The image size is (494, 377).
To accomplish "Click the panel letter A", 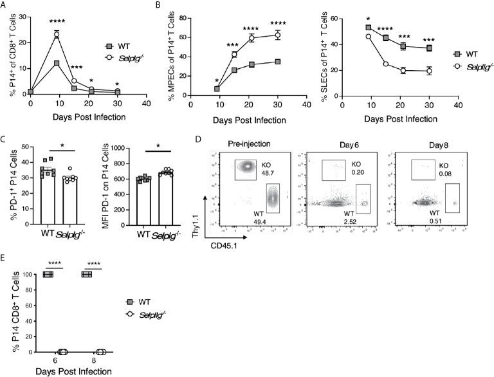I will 5,5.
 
